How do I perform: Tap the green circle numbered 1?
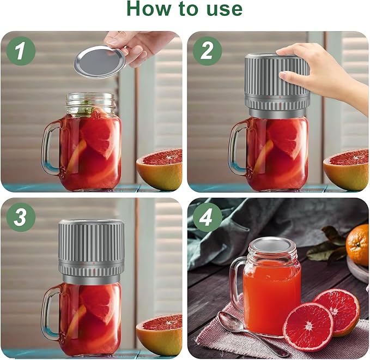tap(21, 51)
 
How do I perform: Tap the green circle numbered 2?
tap(208, 51)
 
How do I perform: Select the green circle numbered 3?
tap(21, 217)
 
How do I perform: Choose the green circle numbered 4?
tap(208, 217)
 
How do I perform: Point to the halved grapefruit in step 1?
tap(160, 169)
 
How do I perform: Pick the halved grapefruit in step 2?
tap(347, 169)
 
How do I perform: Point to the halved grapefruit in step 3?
tap(160, 334)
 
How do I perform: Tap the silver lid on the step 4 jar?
tap(272, 245)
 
